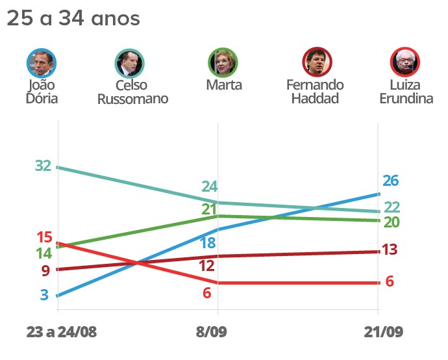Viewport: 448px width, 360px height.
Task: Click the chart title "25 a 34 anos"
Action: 73,19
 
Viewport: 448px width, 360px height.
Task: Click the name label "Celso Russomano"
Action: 132,92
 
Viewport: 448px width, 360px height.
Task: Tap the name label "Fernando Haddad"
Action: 315,92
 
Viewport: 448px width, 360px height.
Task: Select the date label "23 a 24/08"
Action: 62,332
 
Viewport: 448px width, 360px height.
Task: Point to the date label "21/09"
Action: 382,332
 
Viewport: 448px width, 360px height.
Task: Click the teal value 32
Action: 43,166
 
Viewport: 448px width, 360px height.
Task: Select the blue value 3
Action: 44,295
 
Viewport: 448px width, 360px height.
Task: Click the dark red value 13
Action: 390,250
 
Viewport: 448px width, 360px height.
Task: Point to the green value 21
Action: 208,209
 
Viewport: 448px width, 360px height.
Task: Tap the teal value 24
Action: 209,186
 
